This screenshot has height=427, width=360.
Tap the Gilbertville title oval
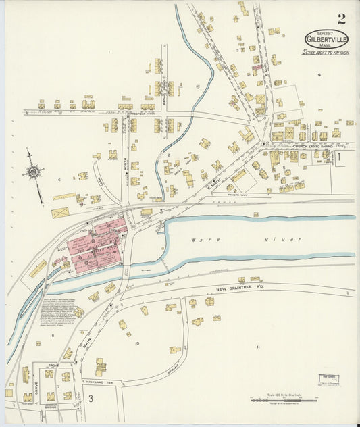[x=326, y=39]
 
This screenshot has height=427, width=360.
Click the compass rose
[x=32, y=172]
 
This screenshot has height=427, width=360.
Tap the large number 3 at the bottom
[x=90, y=399]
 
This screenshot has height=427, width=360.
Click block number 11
[x=257, y=347]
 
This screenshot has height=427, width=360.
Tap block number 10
[x=136, y=343]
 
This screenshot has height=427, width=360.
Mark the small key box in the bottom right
[x=329, y=380]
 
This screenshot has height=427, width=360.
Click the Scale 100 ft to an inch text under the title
[x=327, y=51]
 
